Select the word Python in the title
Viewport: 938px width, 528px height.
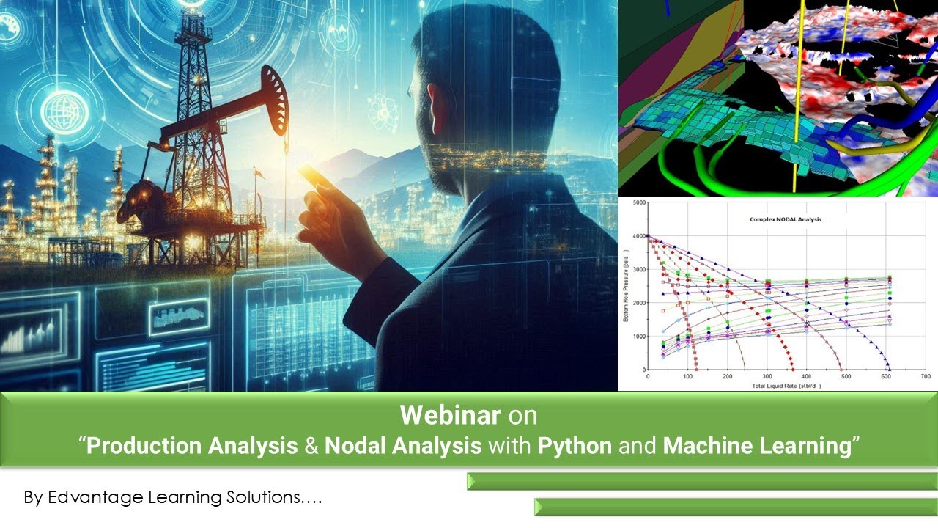575,445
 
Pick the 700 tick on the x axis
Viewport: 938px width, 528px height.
926,377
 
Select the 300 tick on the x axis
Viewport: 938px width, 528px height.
767,377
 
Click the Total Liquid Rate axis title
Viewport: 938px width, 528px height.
786,385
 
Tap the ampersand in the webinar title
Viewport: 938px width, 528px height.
311,445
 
